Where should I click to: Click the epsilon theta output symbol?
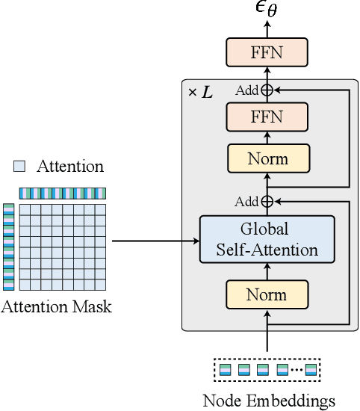267,10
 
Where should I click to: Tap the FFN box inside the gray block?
267,116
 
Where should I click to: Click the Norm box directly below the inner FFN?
267,158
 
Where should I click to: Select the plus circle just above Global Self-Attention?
267,201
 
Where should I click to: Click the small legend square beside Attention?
20,166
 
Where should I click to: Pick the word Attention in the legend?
70,166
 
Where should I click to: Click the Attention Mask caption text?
57,306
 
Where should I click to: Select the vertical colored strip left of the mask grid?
8,247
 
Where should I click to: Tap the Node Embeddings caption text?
269,401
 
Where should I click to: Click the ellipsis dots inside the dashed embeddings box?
297,369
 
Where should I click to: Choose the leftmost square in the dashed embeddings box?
226,369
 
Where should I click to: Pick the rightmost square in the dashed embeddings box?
311,369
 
